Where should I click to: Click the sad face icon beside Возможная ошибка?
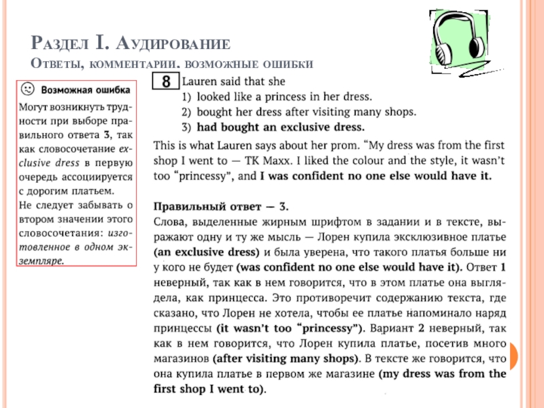pos(27,88)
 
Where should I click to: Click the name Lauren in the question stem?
pos(200,80)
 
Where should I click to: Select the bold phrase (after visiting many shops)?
pos(286,358)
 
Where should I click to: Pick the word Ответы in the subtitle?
pos(54,64)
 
